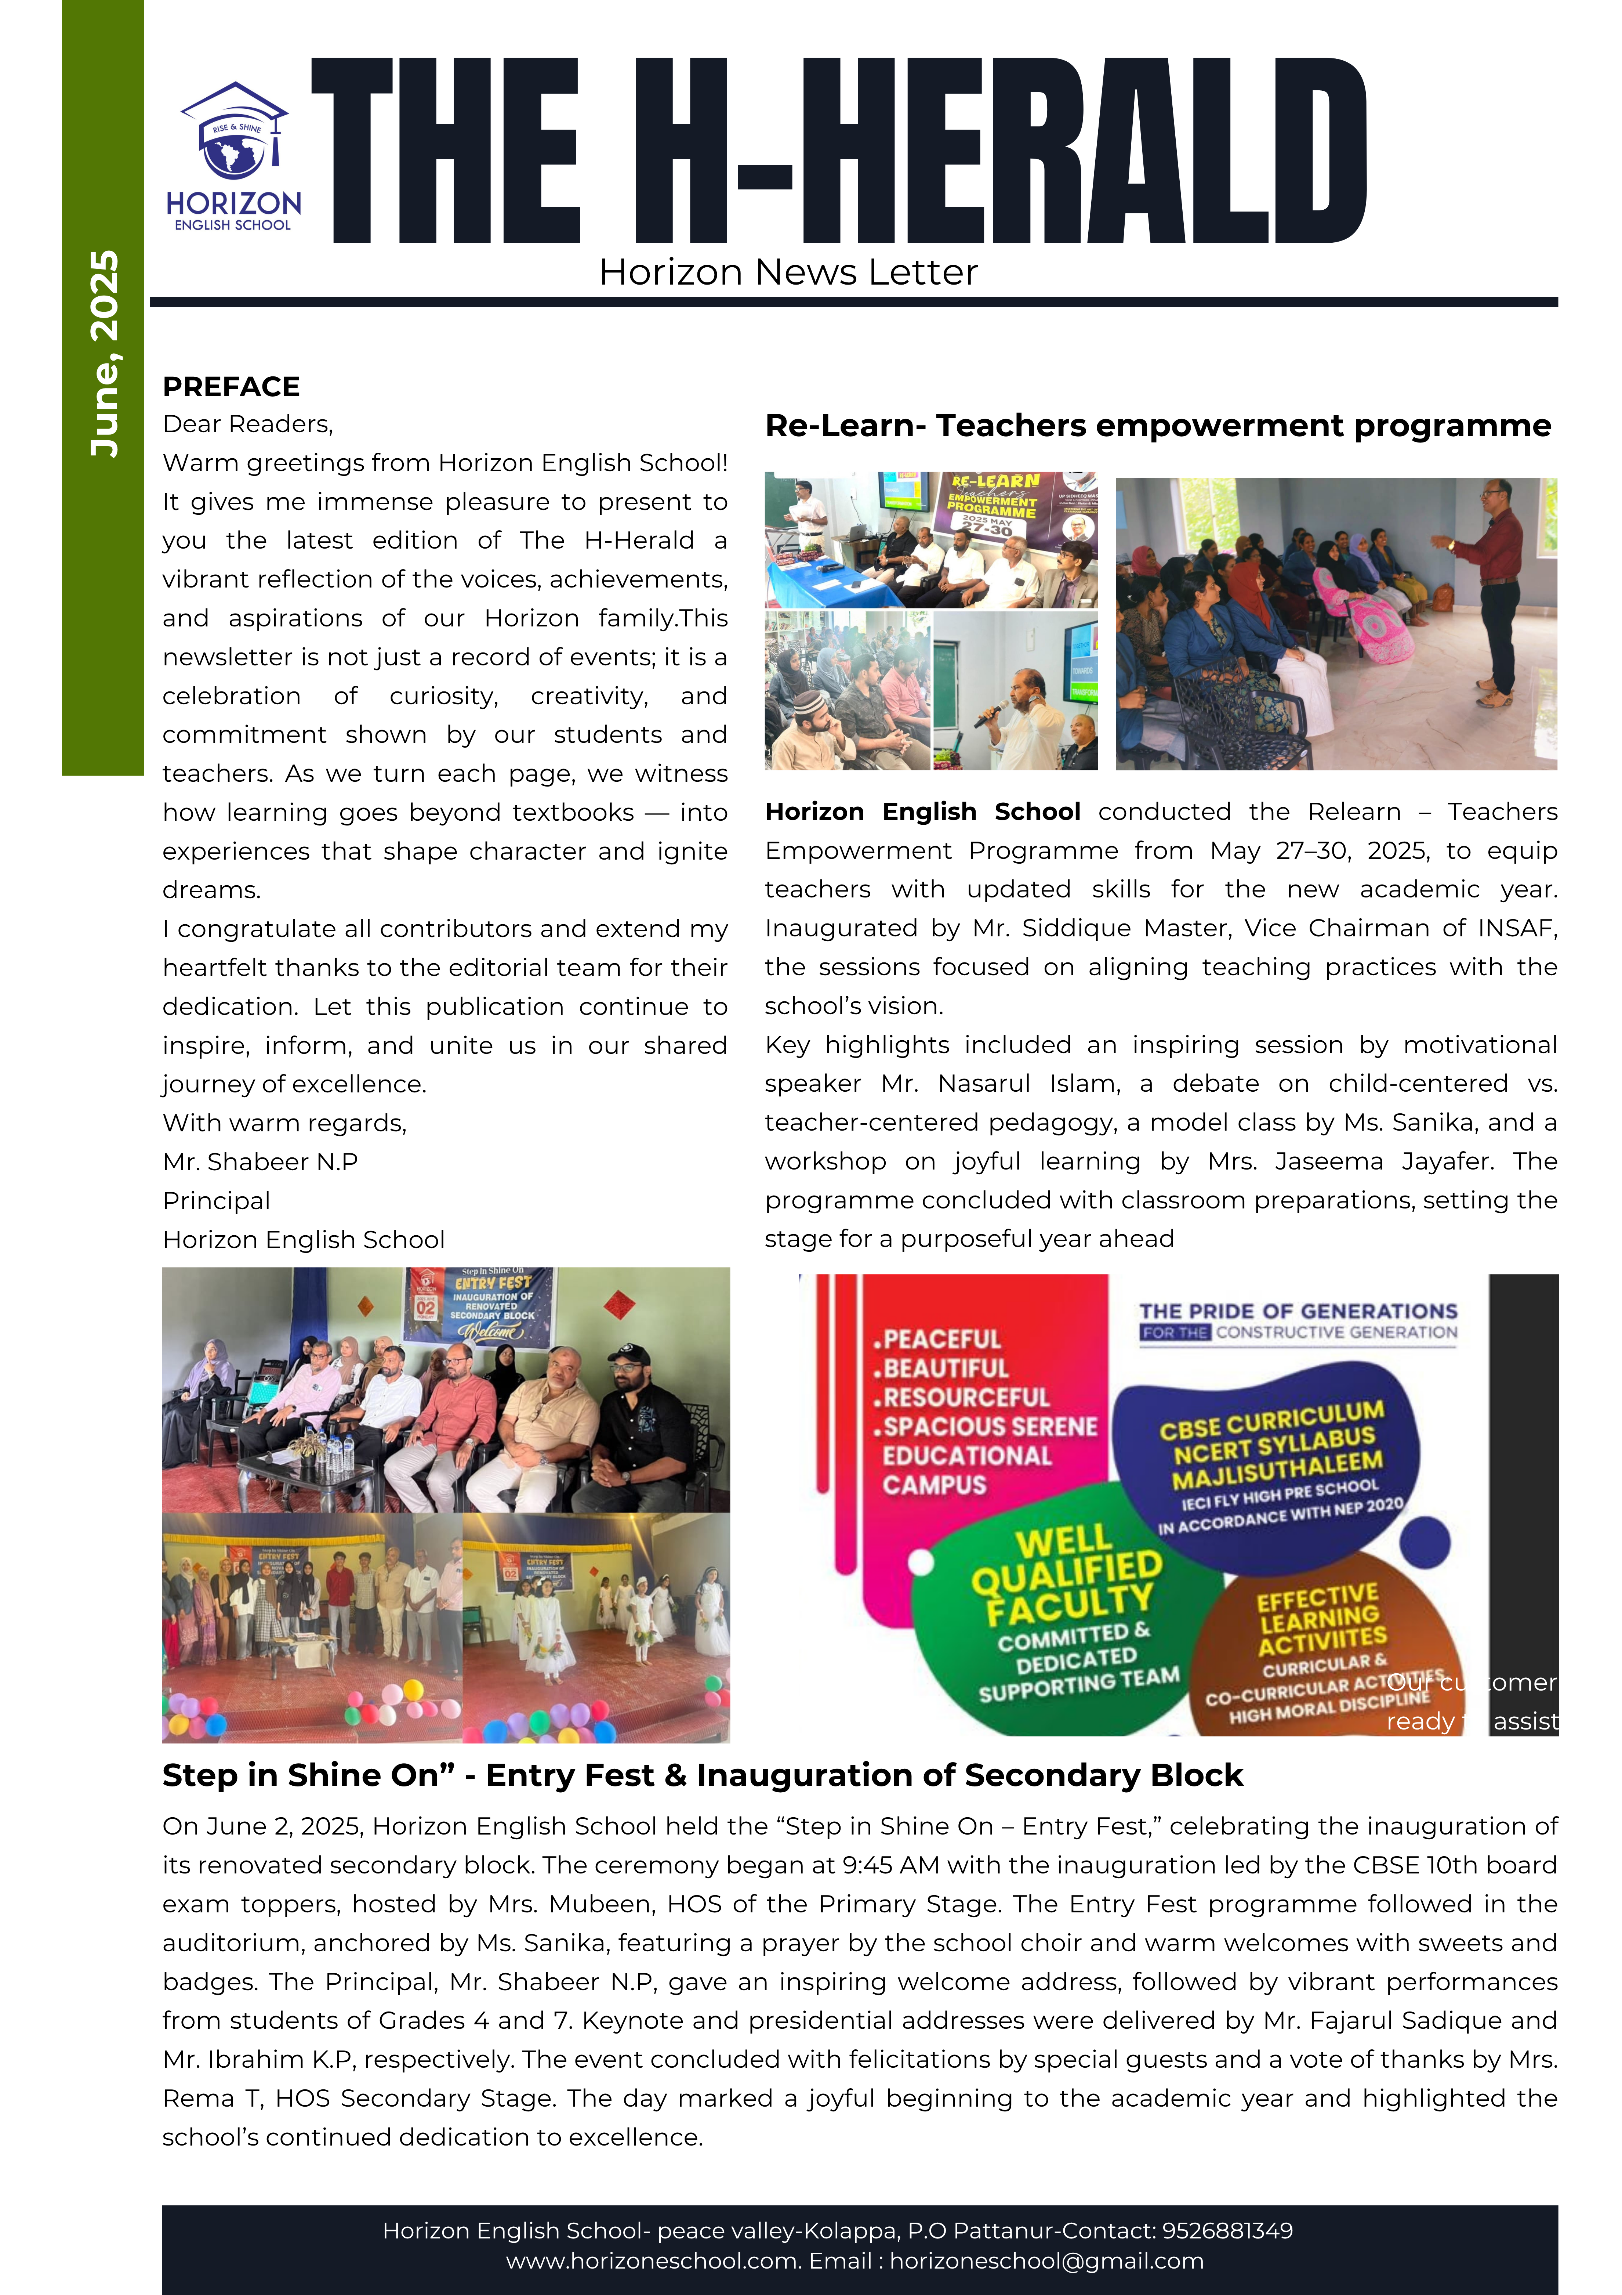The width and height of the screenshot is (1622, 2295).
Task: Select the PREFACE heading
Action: pyautogui.click(x=231, y=387)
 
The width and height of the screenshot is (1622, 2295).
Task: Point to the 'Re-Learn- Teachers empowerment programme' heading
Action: pyautogui.click(x=1157, y=426)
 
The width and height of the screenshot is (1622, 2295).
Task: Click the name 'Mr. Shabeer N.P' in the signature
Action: pyautogui.click(x=260, y=1161)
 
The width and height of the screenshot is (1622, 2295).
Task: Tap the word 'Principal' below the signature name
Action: pyautogui.click(x=216, y=1200)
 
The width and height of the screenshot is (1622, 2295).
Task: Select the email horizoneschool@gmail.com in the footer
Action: pyautogui.click(x=1046, y=2261)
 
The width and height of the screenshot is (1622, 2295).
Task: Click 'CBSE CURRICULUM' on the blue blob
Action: pyautogui.click(x=1271, y=1420)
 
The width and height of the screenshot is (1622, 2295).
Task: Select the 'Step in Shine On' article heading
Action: pyautogui.click(x=701, y=1775)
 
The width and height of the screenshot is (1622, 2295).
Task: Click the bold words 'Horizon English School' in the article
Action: pyautogui.click(x=921, y=812)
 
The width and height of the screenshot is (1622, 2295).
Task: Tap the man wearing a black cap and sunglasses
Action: pyautogui.click(x=641, y=1424)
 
